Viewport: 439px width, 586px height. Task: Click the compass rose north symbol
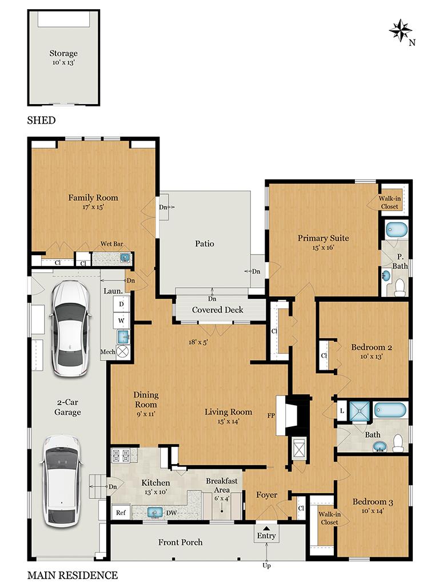pyautogui.click(x=401, y=30)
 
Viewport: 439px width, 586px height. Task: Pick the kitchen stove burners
pyautogui.click(x=121, y=456)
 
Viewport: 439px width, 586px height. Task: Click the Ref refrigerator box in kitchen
pyautogui.click(x=121, y=513)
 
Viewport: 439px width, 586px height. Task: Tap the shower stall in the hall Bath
pyautogui.click(x=360, y=411)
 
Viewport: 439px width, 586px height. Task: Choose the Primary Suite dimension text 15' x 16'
pyautogui.click(x=323, y=248)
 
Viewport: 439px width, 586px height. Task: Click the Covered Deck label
pyautogui.click(x=217, y=310)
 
